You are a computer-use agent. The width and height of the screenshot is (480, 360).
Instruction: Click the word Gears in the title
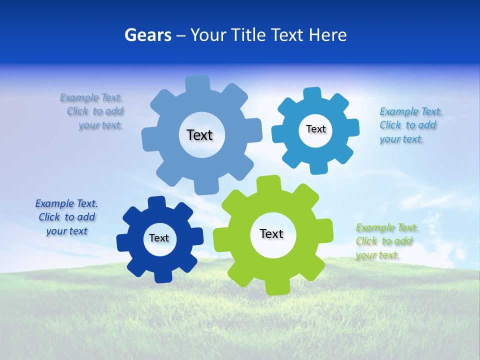click(147, 35)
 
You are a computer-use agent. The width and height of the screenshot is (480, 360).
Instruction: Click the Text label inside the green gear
click(271, 233)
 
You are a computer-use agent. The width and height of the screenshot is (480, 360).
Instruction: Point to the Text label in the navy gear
click(159, 238)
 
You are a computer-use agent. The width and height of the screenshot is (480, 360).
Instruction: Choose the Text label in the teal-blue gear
click(316, 129)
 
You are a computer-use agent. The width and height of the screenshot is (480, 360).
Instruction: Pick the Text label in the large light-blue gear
click(199, 135)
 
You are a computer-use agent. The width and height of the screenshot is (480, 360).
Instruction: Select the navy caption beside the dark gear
click(66, 217)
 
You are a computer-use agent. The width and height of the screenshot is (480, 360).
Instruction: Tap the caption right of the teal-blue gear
click(410, 125)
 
